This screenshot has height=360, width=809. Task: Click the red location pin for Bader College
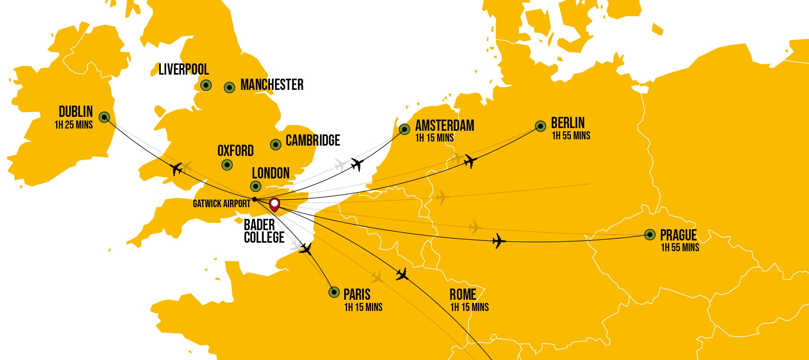(x=274, y=204)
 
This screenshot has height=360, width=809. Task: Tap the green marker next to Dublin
(x=104, y=117)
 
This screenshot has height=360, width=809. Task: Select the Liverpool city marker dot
(x=206, y=85)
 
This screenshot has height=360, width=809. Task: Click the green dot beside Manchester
(x=230, y=88)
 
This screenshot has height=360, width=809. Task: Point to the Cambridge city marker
(x=276, y=144)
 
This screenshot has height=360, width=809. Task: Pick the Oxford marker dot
(x=227, y=165)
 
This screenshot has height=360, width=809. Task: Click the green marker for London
(x=256, y=186)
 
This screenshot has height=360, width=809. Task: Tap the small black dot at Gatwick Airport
(x=254, y=199)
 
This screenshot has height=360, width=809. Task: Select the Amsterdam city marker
(x=404, y=129)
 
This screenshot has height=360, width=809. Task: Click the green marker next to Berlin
(x=540, y=126)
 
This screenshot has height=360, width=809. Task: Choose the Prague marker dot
(x=650, y=235)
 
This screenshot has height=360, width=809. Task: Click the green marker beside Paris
(x=334, y=292)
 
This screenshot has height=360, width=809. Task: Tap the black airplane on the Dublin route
(x=177, y=169)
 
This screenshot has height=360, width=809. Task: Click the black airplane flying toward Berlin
(x=470, y=161)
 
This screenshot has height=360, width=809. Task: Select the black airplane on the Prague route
(x=499, y=241)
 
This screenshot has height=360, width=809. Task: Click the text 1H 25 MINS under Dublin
(x=74, y=125)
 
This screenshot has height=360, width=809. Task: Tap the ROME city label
(x=463, y=295)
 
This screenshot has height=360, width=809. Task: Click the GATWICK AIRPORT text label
(x=221, y=204)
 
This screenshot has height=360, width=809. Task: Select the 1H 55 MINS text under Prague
(x=680, y=248)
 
